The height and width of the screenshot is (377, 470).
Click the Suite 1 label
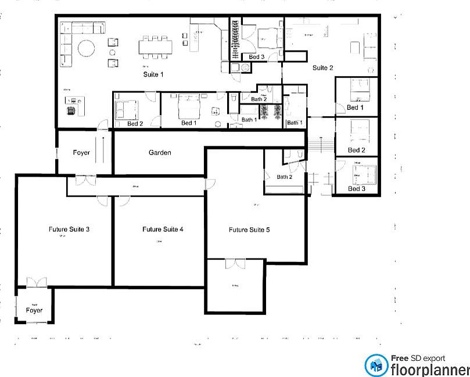153,74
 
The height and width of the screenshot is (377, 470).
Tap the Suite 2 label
322,68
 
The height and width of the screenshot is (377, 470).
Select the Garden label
160,153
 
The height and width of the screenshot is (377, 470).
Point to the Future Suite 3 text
69,229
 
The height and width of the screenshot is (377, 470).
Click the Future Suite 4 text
163,229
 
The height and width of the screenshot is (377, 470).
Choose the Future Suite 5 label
249,230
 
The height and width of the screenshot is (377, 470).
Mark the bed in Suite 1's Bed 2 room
127,109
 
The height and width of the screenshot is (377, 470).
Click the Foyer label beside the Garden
81,153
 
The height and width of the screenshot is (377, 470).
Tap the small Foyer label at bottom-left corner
34,311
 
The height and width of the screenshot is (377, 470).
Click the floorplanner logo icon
376,365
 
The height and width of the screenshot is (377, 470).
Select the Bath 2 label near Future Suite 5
284,177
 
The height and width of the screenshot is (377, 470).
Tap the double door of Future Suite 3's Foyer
36,283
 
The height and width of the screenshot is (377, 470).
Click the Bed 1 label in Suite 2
355,107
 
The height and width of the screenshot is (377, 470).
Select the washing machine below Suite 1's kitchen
246,69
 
